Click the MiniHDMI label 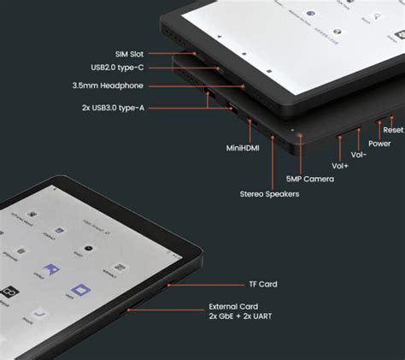point(244,148)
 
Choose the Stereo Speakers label point(269,194)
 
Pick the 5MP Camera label point(309,179)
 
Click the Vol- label point(358,155)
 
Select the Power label point(379,144)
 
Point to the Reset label point(393,130)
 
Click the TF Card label point(261,284)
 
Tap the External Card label point(232,306)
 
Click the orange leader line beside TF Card point(208,284)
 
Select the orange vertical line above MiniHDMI point(251,133)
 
